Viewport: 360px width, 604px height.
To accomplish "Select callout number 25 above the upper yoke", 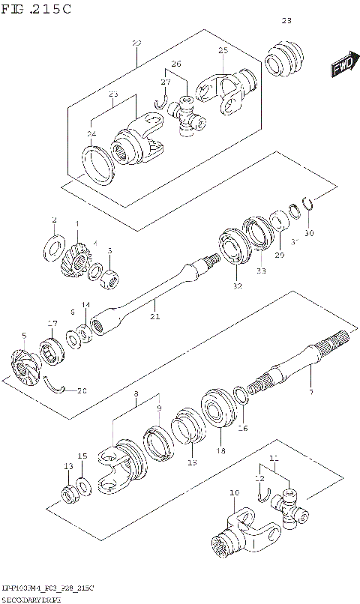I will [223, 50].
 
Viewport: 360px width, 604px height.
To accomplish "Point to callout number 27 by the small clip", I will [166, 82].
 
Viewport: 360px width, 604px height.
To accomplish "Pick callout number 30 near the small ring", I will [309, 232].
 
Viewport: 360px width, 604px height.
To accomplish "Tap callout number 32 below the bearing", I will [238, 286].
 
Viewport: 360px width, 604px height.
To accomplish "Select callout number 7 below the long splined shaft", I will [311, 393].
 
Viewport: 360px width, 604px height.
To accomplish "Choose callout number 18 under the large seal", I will [220, 450].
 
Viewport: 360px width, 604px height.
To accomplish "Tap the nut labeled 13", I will [69, 495].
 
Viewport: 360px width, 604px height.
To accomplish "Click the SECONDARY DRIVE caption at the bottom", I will [31, 599].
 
